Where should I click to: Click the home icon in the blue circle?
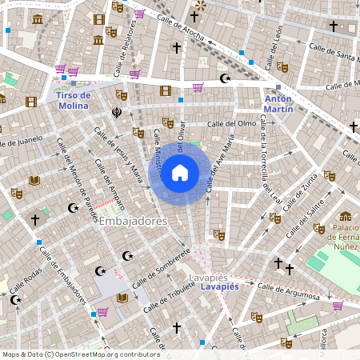coord(180,173)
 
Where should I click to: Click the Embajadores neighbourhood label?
coord(132,221)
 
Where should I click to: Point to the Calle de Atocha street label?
coord(183,27)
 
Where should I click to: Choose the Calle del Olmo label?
coord(231,123)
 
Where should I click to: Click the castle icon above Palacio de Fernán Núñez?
coord(346,215)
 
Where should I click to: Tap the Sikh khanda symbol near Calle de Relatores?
coord(118,113)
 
